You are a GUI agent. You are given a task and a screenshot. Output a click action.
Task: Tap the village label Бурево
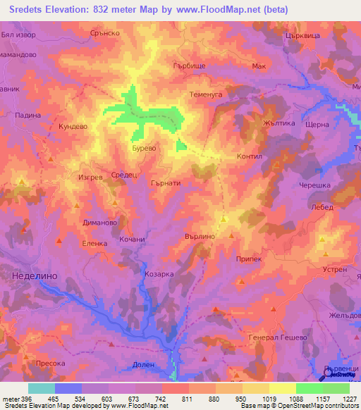point(144,149)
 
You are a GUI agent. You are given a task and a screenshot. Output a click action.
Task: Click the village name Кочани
point(132,240)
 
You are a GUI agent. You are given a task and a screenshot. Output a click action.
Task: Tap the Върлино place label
point(199,237)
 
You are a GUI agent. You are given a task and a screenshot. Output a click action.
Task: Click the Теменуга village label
point(206,94)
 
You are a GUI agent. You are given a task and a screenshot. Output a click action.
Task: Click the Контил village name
point(250,157)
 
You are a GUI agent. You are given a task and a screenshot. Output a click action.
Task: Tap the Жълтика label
point(276,123)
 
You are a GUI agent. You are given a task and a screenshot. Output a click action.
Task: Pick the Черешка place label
point(314,185)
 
